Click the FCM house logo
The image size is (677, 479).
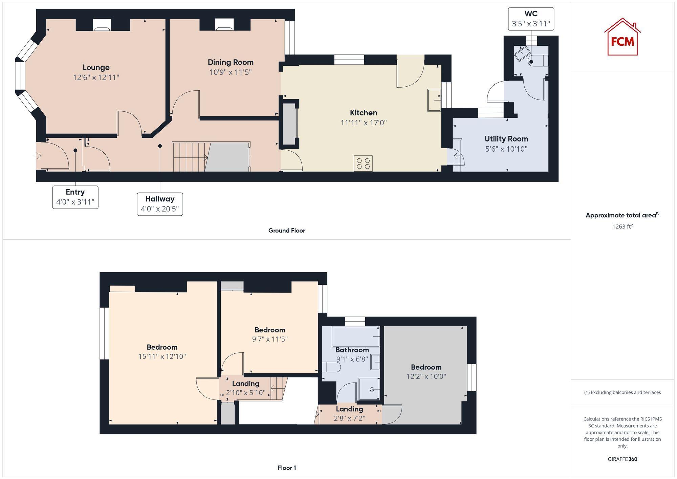(622, 37)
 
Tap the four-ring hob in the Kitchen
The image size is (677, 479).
(363, 164)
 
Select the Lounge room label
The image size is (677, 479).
(96, 67)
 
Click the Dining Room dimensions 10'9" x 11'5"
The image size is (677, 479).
(231, 72)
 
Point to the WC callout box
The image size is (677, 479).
(531, 19)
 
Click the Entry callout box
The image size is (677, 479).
(75, 197)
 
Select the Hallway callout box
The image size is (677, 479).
(160, 204)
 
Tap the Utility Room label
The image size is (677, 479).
(506, 139)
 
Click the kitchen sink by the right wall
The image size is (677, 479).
(434, 100)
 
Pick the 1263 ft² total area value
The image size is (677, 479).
(622, 226)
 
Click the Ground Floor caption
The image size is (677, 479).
(287, 231)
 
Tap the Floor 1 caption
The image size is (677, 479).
(287, 468)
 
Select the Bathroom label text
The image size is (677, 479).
(352, 350)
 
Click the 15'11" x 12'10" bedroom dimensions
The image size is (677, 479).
(162, 356)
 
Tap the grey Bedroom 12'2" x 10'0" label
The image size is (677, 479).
(426, 371)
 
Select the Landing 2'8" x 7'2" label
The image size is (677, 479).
(349, 413)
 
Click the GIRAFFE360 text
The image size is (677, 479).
(622, 459)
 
